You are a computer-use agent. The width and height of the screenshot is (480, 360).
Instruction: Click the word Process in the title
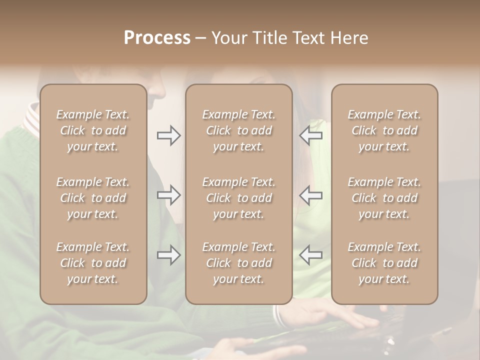tap(157, 38)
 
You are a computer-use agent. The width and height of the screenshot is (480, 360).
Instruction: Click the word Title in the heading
tap(270, 38)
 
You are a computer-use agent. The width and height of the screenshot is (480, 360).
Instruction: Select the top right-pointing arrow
tap(169, 135)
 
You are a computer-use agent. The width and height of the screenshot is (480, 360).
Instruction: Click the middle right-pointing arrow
tap(169, 195)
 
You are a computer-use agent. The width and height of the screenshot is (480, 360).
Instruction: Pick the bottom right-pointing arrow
tap(169, 255)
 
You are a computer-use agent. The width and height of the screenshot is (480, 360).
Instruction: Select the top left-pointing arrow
tap(310, 135)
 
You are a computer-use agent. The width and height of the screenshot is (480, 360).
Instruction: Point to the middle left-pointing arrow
tap(310, 195)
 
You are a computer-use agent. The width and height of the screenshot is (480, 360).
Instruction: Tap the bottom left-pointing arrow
tap(310, 255)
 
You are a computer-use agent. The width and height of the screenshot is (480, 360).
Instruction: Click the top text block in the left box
tap(93, 130)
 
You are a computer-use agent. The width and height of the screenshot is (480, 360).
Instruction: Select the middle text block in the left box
tap(93, 198)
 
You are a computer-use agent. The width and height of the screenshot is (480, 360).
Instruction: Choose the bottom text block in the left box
tap(93, 263)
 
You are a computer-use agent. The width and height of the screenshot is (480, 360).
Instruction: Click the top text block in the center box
tap(238, 130)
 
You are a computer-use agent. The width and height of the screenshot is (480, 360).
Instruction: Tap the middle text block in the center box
tap(238, 198)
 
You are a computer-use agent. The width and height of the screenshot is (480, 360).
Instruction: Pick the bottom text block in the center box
tap(238, 263)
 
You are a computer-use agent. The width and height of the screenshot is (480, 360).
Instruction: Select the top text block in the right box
tap(384, 130)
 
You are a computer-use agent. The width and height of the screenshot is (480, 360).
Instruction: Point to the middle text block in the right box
tap(384, 198)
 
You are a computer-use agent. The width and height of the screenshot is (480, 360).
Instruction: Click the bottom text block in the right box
tap(384, 263)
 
